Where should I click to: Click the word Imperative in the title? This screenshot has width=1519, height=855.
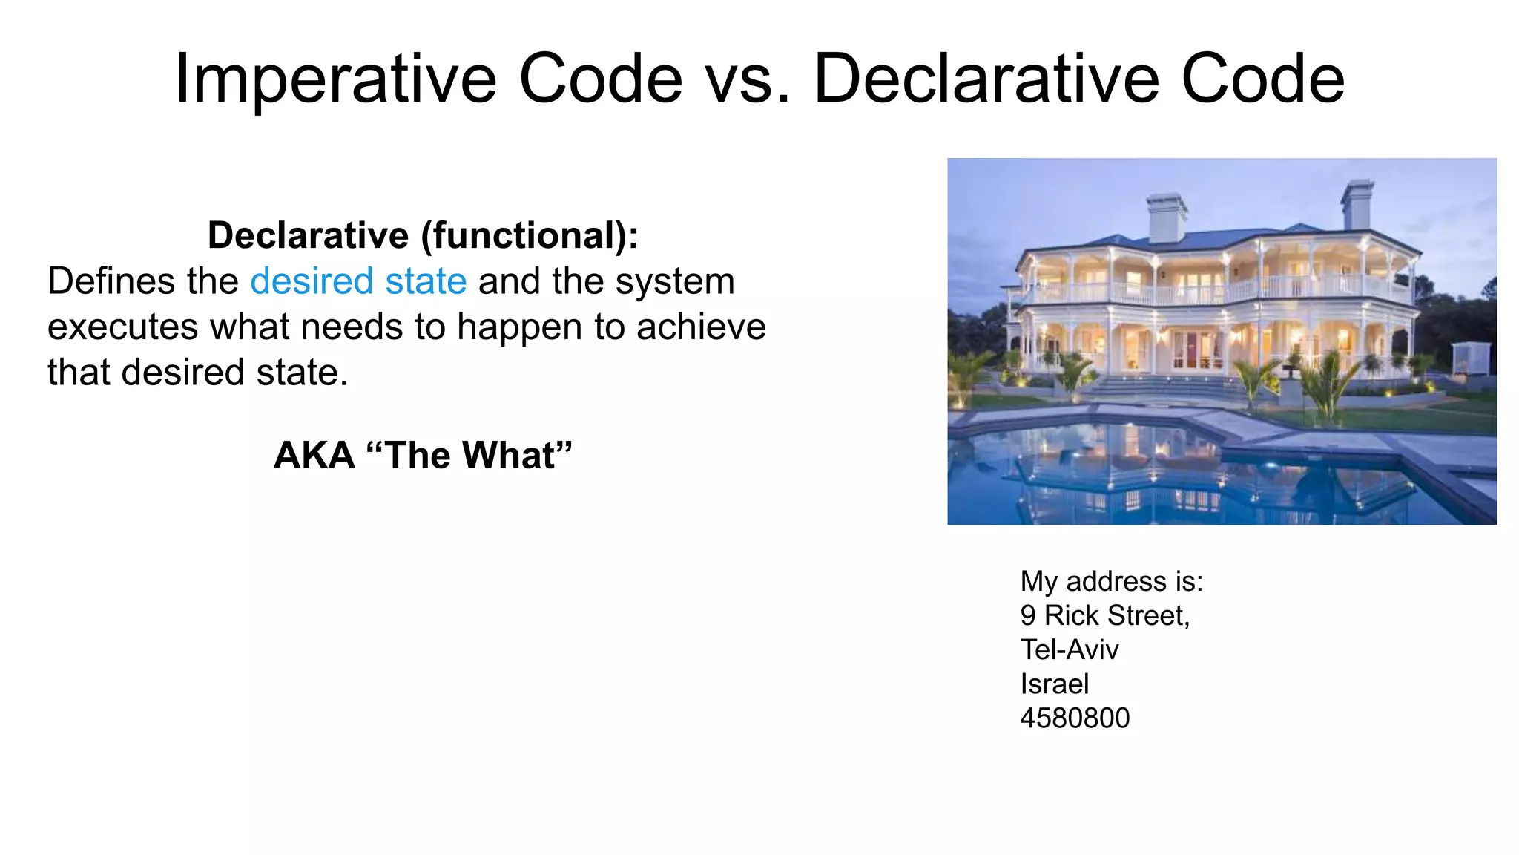click(x=335, y=80)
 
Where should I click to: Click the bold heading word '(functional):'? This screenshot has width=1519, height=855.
click(x=530, y=236)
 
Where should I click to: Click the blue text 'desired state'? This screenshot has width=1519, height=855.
click(x=358, y=282)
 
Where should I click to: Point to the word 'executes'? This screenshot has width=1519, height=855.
click(x=122, y=327)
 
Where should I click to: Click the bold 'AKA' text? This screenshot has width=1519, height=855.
click(x=314, y=455)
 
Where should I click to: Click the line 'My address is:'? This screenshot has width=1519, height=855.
click(x=1111, y=581)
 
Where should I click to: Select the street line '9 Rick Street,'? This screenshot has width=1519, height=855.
click(x=1104, y=615)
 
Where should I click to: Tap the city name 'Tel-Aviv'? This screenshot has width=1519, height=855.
click(x=1069, y=649)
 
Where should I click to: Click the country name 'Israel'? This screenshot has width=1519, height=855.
click(x=1054, y=684)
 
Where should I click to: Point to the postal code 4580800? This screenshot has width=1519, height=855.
click(x=1075, y=718)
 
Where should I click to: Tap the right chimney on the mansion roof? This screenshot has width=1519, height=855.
click(x=1357, y=204)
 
